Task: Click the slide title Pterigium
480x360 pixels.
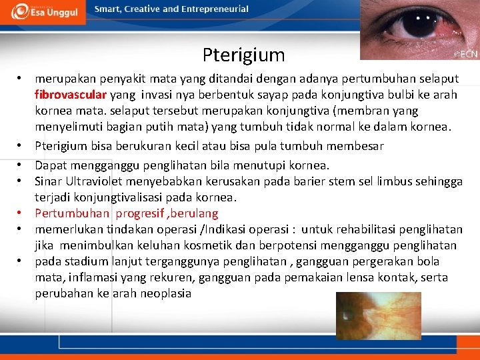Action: point(243,55)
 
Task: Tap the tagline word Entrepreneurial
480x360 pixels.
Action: point(215,9)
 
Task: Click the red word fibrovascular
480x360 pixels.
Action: point(71,95)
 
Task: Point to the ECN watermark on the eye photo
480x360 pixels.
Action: point(465,53)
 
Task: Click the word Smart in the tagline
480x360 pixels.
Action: point(108,9)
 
